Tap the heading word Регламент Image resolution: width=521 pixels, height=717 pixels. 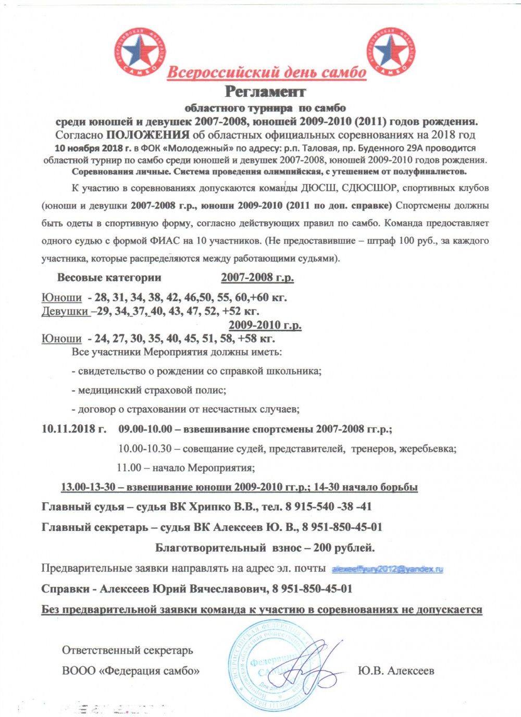(x=265, y=92)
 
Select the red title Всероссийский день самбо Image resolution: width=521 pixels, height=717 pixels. (x=266, y=72)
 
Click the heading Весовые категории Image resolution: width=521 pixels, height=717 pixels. (x=109, y=277)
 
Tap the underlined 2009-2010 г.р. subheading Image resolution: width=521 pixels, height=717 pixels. (x=265, y=325)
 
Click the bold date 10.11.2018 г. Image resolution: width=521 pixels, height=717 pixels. (x=74, y=429)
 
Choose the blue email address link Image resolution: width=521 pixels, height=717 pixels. (x=387, y=568)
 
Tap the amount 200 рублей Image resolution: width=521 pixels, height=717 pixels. (x=344, y=548)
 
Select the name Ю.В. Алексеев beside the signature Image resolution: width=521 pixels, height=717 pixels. (x=396, y=671)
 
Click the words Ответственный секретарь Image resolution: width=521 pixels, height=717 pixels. (x=127, y=650)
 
